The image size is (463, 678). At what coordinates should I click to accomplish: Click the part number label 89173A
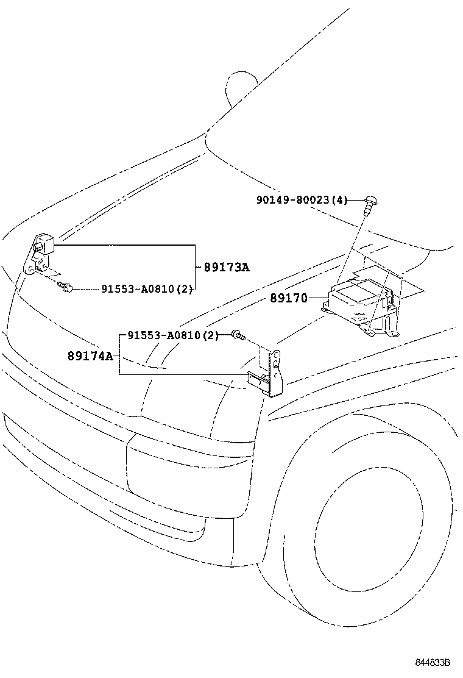click(x=226, y=267)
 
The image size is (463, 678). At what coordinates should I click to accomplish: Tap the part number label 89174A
click(x=90, y=355)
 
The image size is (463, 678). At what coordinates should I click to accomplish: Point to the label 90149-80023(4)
click(x=302, y=199)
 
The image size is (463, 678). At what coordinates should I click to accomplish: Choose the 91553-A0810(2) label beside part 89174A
click(x=173, y=335)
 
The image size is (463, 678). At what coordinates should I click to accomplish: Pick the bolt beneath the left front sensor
click(x=66, y=286)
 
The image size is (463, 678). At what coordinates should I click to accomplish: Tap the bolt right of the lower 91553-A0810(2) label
click(x=238, y=334)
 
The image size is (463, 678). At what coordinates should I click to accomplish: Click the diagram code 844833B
click(x=433, y=662)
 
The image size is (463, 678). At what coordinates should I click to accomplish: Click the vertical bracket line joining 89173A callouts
click(x=194, y=267)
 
